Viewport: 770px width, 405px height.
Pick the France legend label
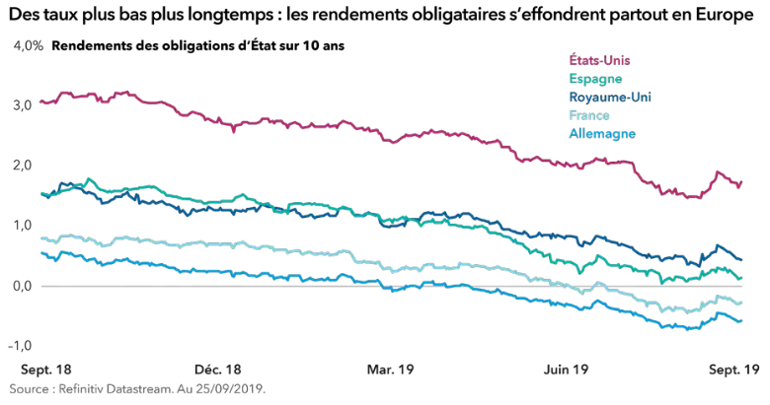[590, 114]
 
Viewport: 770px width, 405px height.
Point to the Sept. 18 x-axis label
[46, 370]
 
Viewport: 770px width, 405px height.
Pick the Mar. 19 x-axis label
[390, 370]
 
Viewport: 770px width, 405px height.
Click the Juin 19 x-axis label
[567, 370]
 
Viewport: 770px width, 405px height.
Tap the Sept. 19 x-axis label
[734, 370]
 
